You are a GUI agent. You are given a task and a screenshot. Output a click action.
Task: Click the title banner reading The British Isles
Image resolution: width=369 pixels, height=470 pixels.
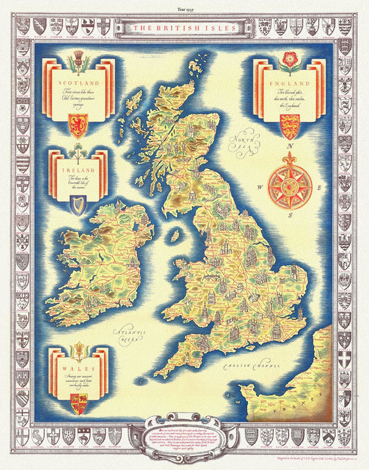[185, 27]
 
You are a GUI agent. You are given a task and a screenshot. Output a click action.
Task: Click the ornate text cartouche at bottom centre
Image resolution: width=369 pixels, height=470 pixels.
[184, 423]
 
